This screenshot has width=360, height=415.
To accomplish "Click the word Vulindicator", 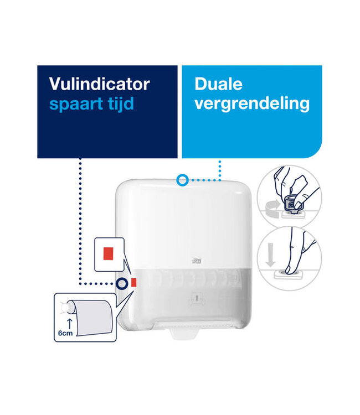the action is pos(99,84).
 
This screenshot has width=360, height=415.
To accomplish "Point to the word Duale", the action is pos(218,84).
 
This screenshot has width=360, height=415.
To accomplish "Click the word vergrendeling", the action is pos(252,103).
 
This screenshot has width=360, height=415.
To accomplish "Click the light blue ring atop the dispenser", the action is pos(182,179).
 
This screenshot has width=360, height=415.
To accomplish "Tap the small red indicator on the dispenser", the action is pos(133,283).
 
